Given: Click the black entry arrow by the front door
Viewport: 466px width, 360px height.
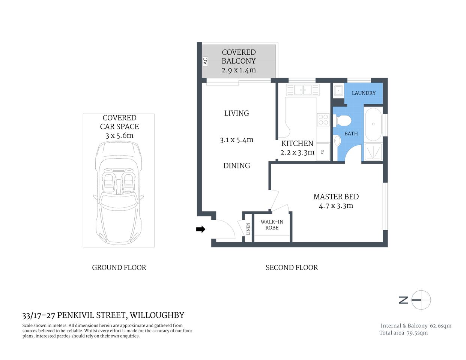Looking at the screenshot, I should (201, 229).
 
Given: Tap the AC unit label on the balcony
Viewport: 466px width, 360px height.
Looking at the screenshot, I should (205, 61).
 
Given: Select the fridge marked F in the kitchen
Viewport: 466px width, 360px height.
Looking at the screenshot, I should (322, 152).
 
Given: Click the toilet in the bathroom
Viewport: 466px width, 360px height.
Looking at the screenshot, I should (343, 120).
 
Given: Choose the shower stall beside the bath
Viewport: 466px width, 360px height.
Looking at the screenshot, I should (373, 152).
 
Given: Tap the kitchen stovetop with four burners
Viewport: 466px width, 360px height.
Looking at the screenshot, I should (323, 120).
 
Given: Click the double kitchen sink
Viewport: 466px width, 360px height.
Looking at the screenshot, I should (303, 90).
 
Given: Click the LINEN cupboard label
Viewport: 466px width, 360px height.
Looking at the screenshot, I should (248, 229).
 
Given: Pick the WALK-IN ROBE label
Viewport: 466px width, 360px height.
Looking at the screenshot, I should (272, 225).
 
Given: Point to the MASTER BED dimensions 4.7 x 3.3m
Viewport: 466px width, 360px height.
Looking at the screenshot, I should (336, 205).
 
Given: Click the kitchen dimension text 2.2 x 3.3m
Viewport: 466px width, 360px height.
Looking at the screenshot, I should (297, 152).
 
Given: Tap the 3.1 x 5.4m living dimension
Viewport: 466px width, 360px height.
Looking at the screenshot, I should (236, 140).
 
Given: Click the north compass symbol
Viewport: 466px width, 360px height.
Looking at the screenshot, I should (421, 300).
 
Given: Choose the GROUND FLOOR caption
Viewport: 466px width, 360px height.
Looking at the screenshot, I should (119, 267).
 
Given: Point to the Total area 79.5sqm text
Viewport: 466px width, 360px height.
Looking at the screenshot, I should (403, 333).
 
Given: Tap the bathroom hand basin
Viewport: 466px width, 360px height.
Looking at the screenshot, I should (337, 141).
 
